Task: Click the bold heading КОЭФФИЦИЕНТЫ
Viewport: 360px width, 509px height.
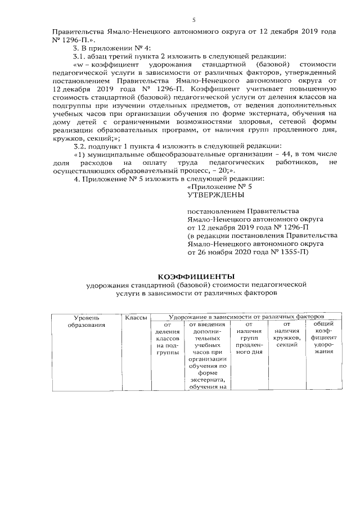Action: pyautogui.click(x=195, y=277)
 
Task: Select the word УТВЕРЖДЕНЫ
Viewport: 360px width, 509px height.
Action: pyautogui.click(x=215, y=195)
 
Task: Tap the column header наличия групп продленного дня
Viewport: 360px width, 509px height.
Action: pyautogui.click(x=249, y=338)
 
